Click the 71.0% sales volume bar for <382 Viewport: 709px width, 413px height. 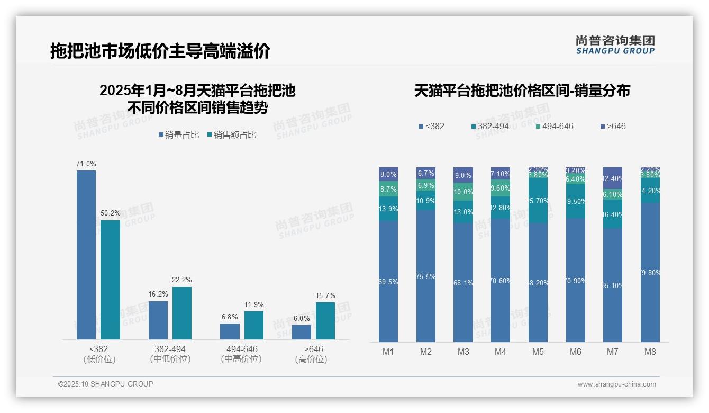tap(86, 254)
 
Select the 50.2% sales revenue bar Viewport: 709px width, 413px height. tap(110, 280)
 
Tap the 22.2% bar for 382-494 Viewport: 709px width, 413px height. tap(182, 313)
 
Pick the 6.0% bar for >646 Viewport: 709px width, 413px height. tap(302, 332)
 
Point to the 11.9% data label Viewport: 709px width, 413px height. tap(254, 305)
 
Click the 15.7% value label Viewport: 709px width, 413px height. tap(325, 296)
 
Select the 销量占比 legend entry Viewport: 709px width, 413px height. tap(179, 135)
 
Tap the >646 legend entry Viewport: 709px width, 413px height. tap(614, 127)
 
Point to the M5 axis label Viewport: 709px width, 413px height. tap(538, 352)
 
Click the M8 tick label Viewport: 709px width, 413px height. tap(650, 352)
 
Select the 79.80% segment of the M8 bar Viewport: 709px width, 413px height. tap(650, 272)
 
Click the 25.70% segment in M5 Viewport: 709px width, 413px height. tap(538, 200)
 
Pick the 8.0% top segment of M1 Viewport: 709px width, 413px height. tap(388, 174)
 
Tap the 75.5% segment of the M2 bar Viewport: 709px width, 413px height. tap(426, 276)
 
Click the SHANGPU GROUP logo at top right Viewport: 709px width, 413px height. tap(615, 45)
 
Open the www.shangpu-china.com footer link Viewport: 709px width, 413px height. tap(616, 384)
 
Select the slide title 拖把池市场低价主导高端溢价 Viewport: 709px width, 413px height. tap(160, 51)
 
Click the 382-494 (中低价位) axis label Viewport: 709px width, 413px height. tap(170, 354)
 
